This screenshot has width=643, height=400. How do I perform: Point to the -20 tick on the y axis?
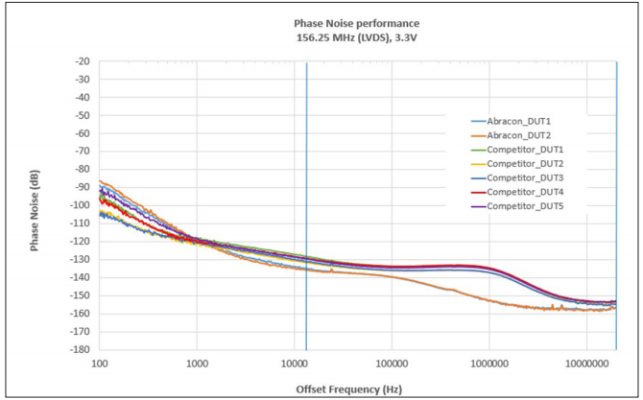tap(81, 61)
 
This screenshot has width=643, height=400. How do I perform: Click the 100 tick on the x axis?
tap(99, 364)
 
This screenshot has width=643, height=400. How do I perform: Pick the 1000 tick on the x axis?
tap(197, 364)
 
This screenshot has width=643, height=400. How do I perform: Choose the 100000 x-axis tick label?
tap(392, 364)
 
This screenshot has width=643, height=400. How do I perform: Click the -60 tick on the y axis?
tap(81, 133)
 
